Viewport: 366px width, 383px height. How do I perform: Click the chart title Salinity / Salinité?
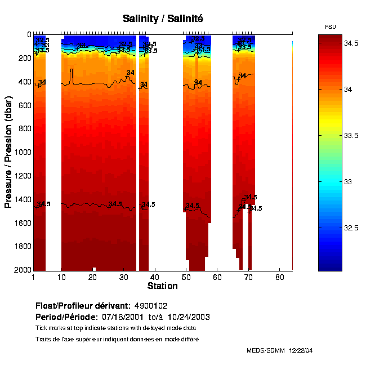pyautogui.click(x=163, y=19)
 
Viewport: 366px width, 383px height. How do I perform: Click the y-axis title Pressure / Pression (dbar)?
pyautogui.click(x=9, y=152)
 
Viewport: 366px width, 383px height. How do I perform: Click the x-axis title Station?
pyautogui.click(x=162, y=286)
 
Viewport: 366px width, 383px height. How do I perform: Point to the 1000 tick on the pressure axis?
pyautogui.click(x=21, y=152)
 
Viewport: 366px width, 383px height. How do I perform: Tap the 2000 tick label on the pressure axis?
pyautogui.click(x=21, y=270)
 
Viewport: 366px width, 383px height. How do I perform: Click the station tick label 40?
pyautogui.click(x=154, y=277)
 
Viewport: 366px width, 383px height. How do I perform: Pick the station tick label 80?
pyautogui.click(x=279, y=277)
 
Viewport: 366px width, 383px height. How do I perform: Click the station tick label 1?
pyautogui.click(x=34, y=277)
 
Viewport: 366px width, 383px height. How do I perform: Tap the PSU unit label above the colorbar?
pyautogui.click(x=331, y=27)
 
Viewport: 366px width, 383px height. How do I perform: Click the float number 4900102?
pyautogui.click(x=150, y=305)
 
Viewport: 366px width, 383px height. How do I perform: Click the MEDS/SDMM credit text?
pyautogui.click(x=266, y=350)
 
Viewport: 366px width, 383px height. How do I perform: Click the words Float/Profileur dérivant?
pyautogui.click(x=82, y=305)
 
